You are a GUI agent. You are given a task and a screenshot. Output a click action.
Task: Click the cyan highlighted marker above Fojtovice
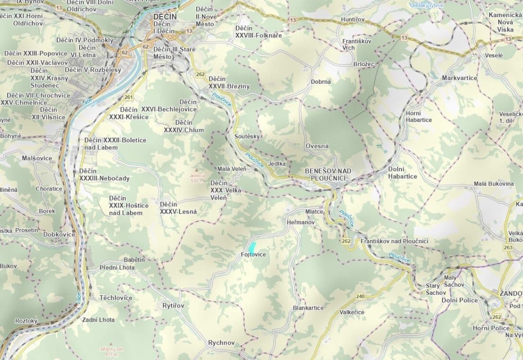[x=252, y=247]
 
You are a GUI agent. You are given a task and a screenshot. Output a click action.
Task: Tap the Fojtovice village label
[x=253, y=255]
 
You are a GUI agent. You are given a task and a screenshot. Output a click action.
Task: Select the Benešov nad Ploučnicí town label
[x=328, y=175]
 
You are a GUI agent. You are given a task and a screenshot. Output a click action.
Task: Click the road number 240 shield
[x=360, y=296]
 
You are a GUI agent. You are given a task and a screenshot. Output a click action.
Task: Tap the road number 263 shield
[x=508, y=247]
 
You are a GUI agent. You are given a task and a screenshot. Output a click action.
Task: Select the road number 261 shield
[x=129, y=97]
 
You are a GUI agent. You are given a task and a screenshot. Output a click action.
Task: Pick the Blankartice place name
[x=308, y=308]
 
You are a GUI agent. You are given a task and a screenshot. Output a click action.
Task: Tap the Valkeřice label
[x=352, y=312]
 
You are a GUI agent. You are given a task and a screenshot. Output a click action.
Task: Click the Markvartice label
[x=460, y=78]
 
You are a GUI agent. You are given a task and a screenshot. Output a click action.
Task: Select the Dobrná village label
[x=321, y=82]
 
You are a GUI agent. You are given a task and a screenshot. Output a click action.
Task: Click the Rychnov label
[x=221, y=343]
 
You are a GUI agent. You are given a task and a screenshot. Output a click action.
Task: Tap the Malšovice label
[x=37, y=158]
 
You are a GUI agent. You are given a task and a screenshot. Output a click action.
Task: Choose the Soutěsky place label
[x=248, y=136]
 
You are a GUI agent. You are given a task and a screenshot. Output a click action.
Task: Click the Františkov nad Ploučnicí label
[x=394, y=242]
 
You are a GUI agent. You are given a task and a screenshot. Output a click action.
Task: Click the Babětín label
[x=135, y=260]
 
